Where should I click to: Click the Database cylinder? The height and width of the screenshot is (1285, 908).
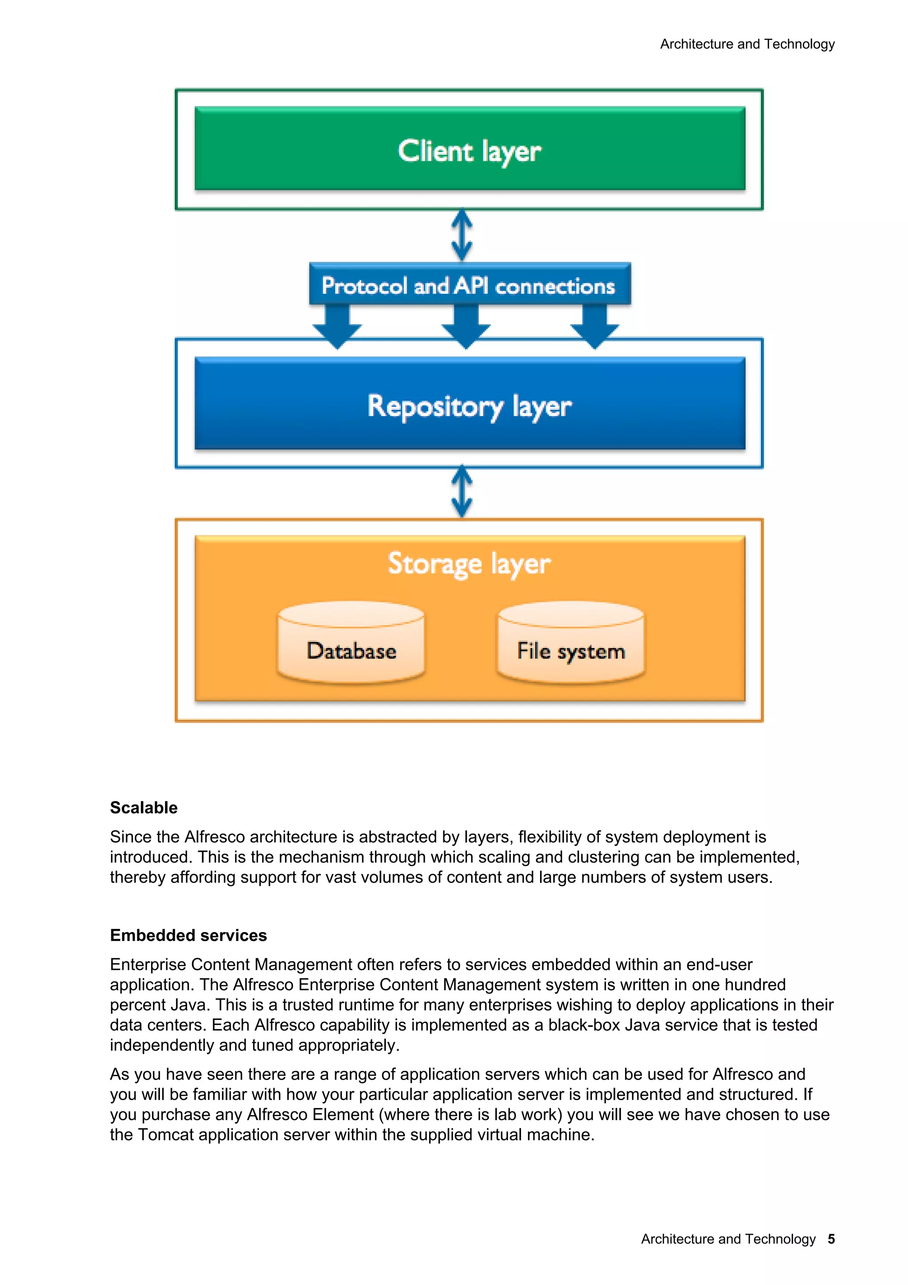pyautogui.click(x=351, y=644)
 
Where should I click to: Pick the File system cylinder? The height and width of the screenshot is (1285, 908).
pyautogui.click(x=571, y=644)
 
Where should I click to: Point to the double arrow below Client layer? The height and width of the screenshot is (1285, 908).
pyautogui.click(x=462, y=235)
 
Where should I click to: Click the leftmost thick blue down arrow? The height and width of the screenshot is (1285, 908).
pyautogui.click(x=337, y=327)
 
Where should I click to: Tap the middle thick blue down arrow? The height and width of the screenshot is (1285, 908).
pyautogui.click(x=466, y=327)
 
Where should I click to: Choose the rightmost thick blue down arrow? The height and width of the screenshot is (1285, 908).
pyautogui.click(x=595, y=327)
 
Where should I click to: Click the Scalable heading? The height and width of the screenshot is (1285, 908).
pyautogui.click(x=144, y=807)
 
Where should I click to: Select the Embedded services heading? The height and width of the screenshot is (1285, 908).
pyautogui.click(x=188, y=935)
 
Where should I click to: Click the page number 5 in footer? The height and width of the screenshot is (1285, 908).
pyautogui.click(x=831, y=1239)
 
